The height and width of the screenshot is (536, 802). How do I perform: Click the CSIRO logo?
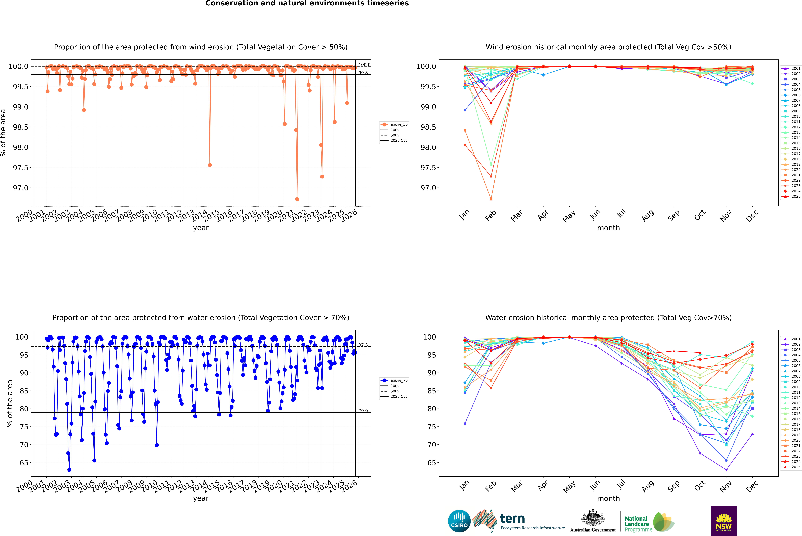pyautogui.click(x=459, y=521)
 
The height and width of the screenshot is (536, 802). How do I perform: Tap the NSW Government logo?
pyautogui.click(x=724, y=521)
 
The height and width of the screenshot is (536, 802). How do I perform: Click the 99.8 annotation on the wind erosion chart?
pyautogui.click(x=363, y=73)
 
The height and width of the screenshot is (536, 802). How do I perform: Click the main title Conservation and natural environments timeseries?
pyautogui.click(x=307, y=3)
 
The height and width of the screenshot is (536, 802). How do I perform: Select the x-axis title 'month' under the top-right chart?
pyautogui.click(x=608, y=228)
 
